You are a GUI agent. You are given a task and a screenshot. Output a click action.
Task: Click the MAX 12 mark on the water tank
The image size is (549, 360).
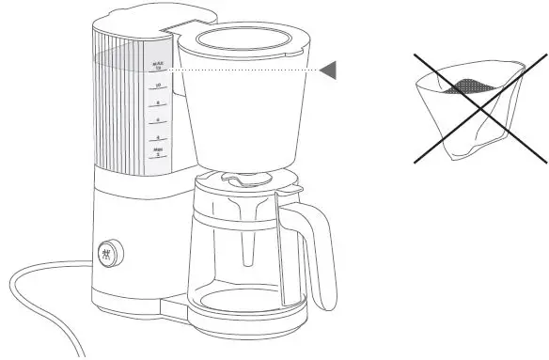click(158, 67)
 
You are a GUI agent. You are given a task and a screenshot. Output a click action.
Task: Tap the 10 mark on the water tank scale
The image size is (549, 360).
click(158, 86)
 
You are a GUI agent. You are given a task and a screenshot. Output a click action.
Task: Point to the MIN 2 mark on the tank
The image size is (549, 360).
click(158, 151)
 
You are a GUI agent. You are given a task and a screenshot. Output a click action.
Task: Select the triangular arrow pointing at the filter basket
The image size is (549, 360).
click(326, 70)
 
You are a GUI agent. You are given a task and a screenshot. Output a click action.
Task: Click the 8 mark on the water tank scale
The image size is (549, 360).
click(158, 103)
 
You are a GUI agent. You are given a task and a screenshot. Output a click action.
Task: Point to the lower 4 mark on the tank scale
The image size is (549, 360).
click(158, 137)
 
